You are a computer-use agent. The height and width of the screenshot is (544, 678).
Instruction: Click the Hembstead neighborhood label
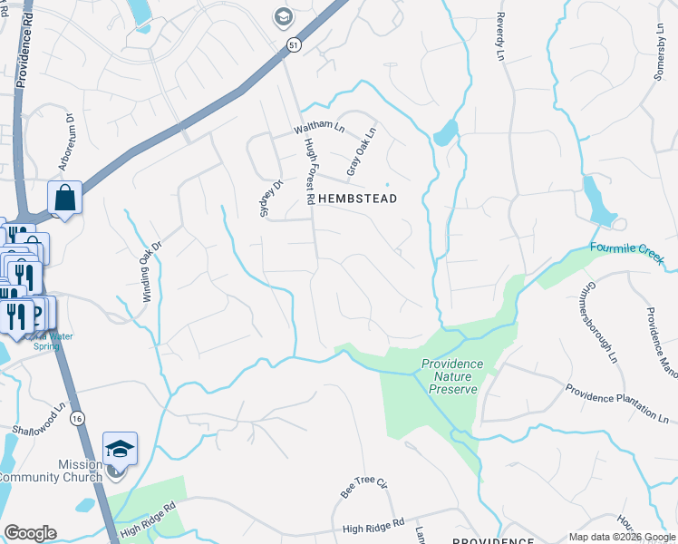pyautogui.click(x=357, y=198)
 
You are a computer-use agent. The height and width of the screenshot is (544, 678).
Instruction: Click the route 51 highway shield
pyautogui.click(x=293, y=44)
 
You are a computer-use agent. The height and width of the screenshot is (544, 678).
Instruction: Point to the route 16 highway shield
pyautogui.click(x=78, y=417)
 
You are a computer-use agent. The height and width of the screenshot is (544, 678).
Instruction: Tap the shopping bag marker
pyautogui.click(x=65, y=197)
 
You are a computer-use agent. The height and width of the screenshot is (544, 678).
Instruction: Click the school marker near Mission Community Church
pyautogui.click(x=120, y=450)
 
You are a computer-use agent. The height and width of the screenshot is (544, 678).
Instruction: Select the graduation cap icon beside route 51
pyautogui.click(x=284, y=16)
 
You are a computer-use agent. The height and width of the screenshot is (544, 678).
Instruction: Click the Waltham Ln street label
pyautogui.click(x=319, y=129)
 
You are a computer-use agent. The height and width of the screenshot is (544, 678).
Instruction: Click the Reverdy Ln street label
pyautogui.click(x=499, y=36)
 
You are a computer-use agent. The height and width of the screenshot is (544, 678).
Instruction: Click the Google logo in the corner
pyautogui.click(x=29, y=533)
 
